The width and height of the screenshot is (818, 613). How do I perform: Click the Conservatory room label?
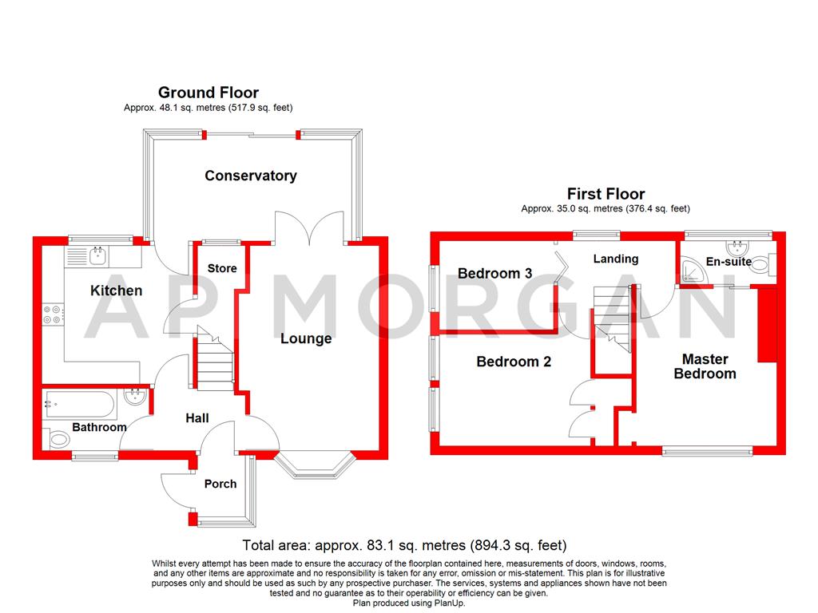(x=250, y=176)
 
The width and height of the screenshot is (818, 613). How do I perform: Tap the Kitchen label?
(x=116, y=291)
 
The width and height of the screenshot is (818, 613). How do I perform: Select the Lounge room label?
(x=306, y=338)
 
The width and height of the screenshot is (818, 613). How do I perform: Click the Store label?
(x=222, y=268)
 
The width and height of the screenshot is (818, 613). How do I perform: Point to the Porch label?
(x=220, y=483)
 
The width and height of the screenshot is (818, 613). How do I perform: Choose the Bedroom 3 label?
(x=494, y=274)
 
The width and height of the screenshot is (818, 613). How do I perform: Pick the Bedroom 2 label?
(x=514, y=362)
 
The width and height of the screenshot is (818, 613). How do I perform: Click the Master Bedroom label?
(x=705, y=366)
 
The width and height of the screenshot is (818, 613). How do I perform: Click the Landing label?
(x=615, y=259)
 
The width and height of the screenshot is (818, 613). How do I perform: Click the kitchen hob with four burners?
(x=53, y=315)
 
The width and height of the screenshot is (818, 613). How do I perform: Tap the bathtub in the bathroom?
(x=80, y=401)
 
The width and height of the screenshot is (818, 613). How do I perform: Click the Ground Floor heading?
(x=208, y=93)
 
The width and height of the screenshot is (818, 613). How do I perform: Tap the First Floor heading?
(x=606, y=193)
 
